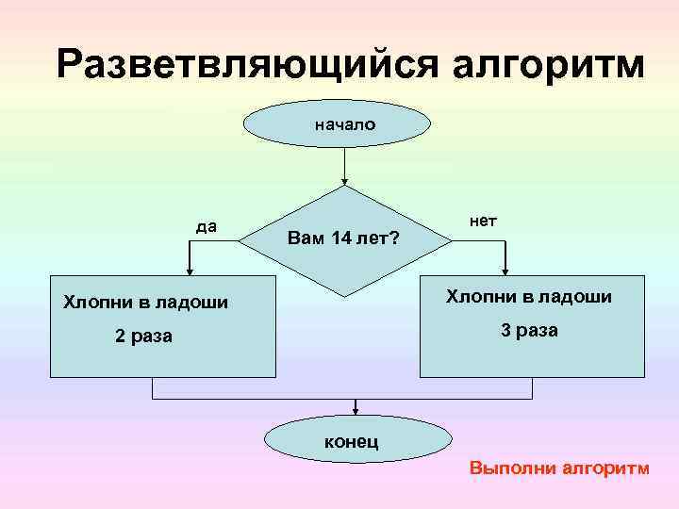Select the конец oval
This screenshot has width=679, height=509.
click(x=356, y=440)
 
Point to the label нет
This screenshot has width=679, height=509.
click(x=483, y=221)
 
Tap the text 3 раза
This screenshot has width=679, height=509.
click(x=529, y=331)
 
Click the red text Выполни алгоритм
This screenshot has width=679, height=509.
click(x=559, y=468)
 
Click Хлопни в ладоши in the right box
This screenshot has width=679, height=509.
click(x=529, y=297)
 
